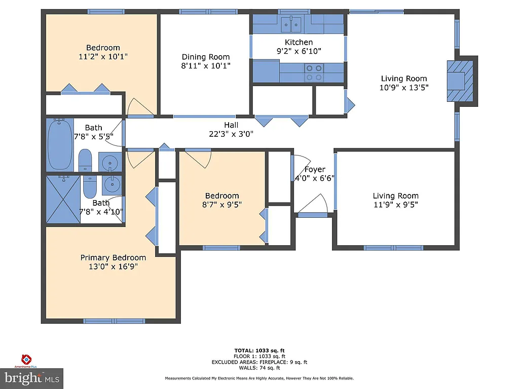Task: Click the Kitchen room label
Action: [x=299, y=42]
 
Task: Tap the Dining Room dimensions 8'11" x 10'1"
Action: [x=206, y=66]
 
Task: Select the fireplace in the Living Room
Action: [x=462, y=81]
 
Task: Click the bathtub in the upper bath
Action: [x=60, y=144]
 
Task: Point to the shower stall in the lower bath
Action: [x=63, y=199]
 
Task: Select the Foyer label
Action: [x=314, y=169]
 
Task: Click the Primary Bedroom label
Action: [x=113, y=257]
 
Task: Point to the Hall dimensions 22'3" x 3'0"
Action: [x=231, y=134]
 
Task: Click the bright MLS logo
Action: [x=31, y=378]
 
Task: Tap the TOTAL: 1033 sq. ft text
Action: [x=259, y=350]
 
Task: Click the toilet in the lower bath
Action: [x=90, y=187]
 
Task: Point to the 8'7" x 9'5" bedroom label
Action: [x=221, y=205]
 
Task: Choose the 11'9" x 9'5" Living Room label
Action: [x=395, y=205]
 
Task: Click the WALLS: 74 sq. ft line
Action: [x=259, y=368]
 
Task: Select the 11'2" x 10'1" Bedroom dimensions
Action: [x=103, y=57]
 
